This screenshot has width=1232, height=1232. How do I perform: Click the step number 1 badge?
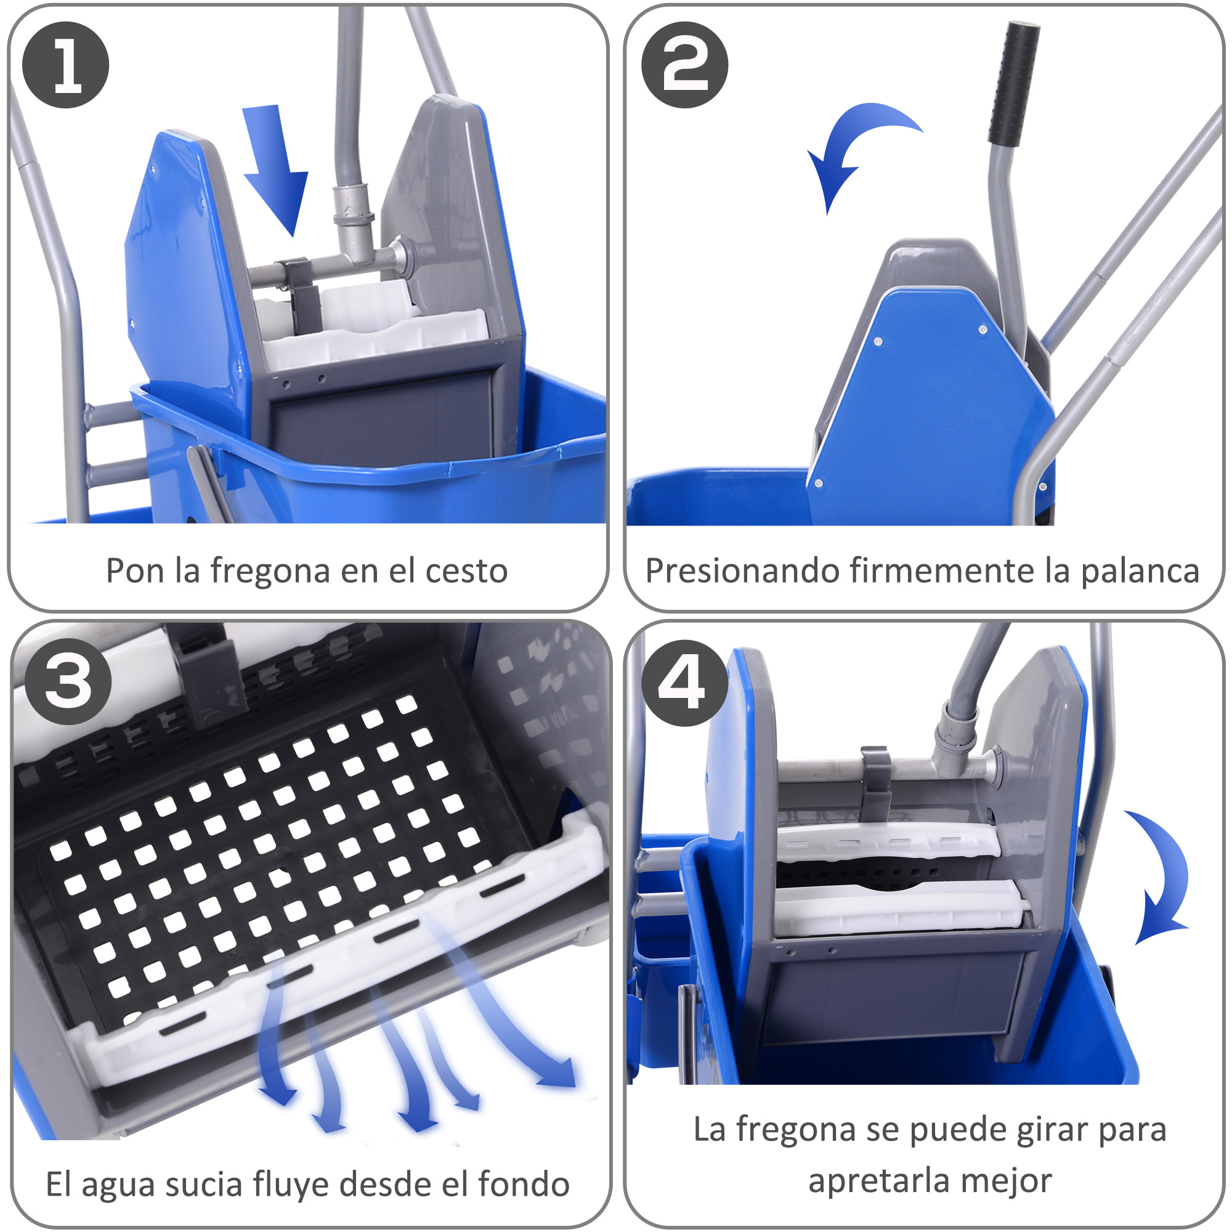[x=66, y=65]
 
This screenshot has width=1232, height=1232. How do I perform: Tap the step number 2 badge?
[x=684, y=65]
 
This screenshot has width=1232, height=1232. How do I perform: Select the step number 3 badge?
[x=68, y=681]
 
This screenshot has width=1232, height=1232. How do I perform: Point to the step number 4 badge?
[x=684, y=683]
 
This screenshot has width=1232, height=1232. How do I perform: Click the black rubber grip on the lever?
[x=1014, y=82]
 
